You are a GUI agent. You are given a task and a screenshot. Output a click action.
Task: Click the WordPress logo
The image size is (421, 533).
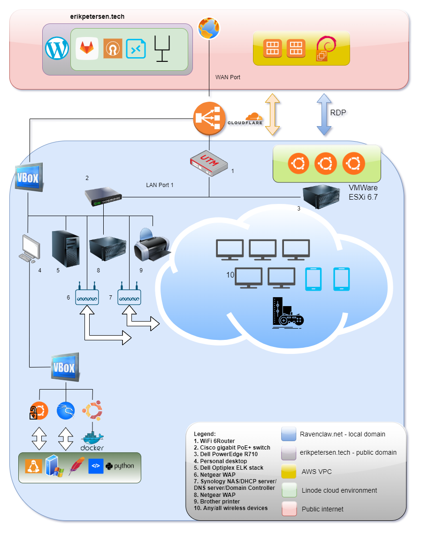tap(57, 49)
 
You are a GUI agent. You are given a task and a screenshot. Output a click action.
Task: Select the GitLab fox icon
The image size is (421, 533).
tap(87, 48)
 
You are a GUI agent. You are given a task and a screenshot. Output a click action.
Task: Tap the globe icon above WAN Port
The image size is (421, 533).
tap(208, 28)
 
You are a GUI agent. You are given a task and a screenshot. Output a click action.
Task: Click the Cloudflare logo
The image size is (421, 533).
tap(245, 119)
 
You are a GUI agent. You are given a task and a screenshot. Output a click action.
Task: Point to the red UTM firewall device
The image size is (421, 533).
tap(208, 163)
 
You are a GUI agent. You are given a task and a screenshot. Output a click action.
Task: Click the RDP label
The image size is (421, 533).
tap(338, 113)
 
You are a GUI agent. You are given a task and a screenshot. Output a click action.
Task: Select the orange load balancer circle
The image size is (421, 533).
tap(209, 119)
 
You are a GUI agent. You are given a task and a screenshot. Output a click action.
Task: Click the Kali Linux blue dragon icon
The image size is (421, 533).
tap(66, 411)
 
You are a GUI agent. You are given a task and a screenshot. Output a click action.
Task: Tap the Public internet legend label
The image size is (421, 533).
tap(322, 509)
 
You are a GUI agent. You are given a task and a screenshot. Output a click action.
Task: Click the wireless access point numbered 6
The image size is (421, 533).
tap(87, 296)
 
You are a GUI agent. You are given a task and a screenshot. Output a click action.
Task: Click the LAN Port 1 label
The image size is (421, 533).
tap(160, 185)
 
